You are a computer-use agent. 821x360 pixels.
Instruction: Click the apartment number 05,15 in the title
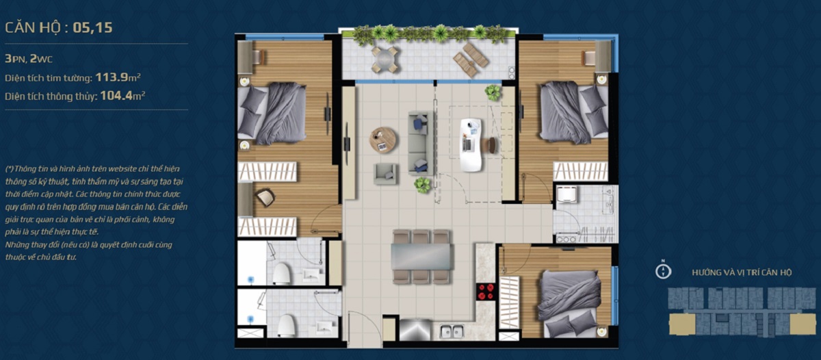pyautogui.click(x=92, y=28)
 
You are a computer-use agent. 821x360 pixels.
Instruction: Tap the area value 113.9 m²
pyautogui.click(x=118, y=77)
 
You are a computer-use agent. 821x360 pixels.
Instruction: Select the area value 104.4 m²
pyautogui.click(x=122, y=96)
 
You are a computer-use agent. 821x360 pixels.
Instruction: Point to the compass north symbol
pyautogui.click(x=663, y=270)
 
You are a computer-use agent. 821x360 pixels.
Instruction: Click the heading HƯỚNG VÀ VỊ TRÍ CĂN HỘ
pyautogui.click(x=742, y=272)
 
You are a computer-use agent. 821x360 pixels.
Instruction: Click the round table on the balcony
pyautogui.click(x=384, y=59)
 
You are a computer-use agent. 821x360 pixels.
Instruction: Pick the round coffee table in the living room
pyautogui.click(x=382, y=140)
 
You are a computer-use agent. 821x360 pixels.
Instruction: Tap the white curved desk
pyautogui.click(x=471, y=145)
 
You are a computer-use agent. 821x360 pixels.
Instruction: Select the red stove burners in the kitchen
pyautogui.click(x=485, y=292)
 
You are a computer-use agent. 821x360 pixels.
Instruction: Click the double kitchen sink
pyautogui.click(x=452, y=332)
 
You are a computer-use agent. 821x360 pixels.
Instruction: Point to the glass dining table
pyautogui.click(x=421, y=257)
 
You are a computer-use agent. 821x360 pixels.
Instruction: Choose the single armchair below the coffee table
pyautogui.click(x=385, y=174)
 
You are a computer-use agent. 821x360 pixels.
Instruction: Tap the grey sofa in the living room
pyautogui.click(x=421, y=143)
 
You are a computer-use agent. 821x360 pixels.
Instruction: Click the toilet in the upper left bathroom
pyautogui.click(x=282, y=274)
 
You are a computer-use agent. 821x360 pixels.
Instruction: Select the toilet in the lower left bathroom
pyautogui.click(x=286, y=326)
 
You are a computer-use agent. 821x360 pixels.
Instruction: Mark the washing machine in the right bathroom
pyautogui.click(x=566, y=194)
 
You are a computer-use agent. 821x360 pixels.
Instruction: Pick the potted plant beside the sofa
pyautogui.click(x=423, y=185)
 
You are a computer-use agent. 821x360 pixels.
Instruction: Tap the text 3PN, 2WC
pyautogui.click(x=29, y=59)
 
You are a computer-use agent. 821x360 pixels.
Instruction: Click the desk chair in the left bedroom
pyautogui.click(x=265, y=197)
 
